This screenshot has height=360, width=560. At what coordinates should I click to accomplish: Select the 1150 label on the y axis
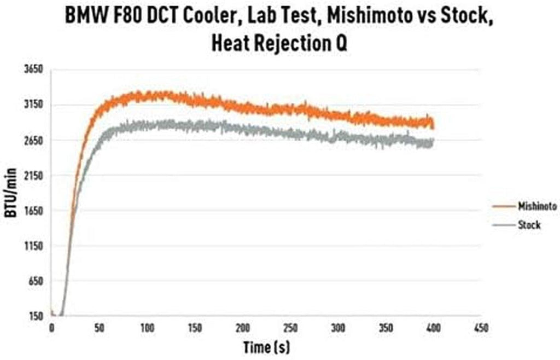34,246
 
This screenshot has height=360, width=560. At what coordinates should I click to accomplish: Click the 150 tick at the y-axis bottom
36,316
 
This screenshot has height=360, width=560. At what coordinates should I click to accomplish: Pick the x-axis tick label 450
480,328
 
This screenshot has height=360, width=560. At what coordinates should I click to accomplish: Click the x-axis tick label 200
242,328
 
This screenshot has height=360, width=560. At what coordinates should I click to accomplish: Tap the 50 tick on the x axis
99,328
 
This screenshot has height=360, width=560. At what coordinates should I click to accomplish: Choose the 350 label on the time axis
386,328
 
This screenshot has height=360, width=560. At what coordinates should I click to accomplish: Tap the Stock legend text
528,225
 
